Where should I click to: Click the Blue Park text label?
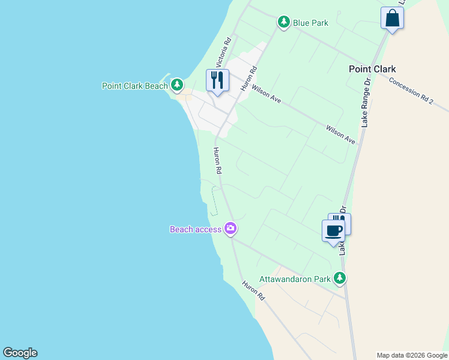coord(310,23)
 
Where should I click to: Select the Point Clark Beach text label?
coord(135,86)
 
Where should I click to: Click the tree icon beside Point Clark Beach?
coord(176,85)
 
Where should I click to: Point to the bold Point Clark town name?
coord(372,69)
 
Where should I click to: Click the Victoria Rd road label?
coord(223,53)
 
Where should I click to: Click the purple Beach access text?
coord(196,229)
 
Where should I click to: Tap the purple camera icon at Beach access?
coord(231,229)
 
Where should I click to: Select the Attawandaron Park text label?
coord(295,279)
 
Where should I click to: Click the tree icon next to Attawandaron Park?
coord(340,278)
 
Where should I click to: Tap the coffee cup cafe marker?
coord(333,230)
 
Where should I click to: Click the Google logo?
coord(20,353)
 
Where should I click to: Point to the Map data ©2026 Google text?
coord(412,355)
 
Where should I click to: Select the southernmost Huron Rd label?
coord(253,290)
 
